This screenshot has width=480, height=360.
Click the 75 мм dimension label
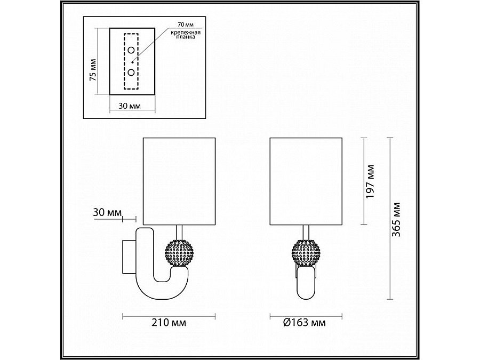[x=93, y=70]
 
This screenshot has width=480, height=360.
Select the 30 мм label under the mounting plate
[x=130, y=106]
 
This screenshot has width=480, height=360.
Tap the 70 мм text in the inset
[x=186, y=25]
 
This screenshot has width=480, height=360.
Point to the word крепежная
[x=186, y=32]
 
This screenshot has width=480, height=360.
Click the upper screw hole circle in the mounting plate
[x=131, y=50]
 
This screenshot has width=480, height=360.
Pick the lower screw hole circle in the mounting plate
[x=131, y=73]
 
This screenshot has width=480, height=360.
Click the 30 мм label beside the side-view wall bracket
[x=107, y=212]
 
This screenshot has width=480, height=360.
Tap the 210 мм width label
[x=169, y=322]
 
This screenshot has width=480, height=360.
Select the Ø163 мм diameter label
[x=305, y=322]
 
